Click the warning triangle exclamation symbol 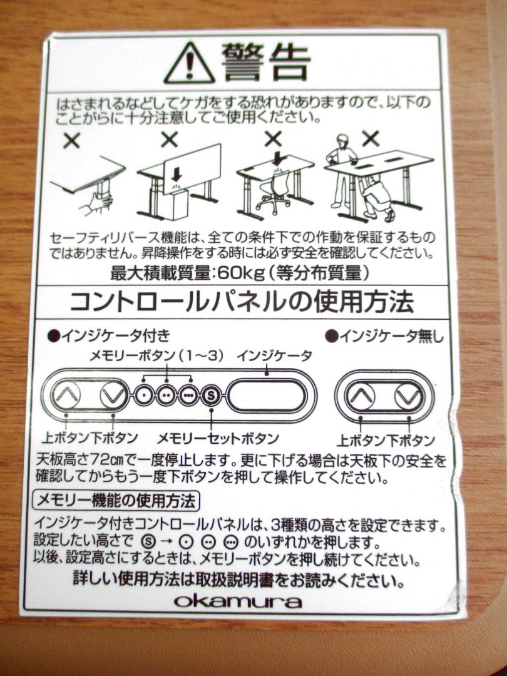[189, 64]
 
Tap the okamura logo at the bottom [238, 600]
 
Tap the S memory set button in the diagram [212, 394]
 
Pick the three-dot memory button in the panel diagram [188, 394]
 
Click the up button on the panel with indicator [66, 394]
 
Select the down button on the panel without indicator [408, 396]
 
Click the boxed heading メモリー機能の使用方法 [116, 501]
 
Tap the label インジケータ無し [384, 336]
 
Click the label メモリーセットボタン [217, 438]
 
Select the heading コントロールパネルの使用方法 [242, 302]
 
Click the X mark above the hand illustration [71, 140]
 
